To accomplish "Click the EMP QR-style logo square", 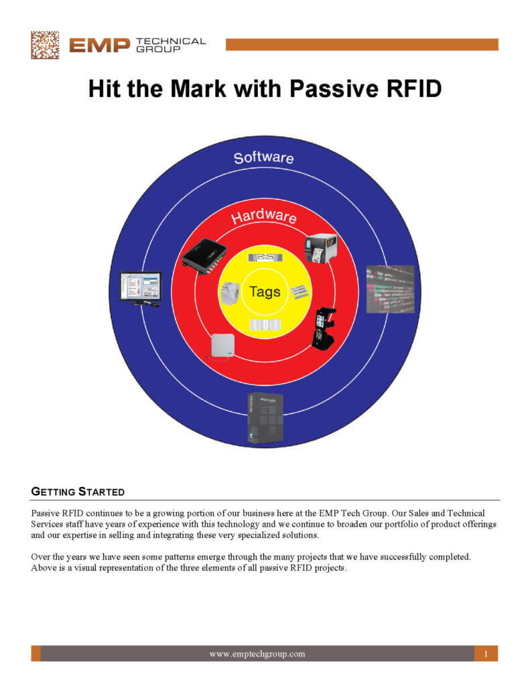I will click(45, 45).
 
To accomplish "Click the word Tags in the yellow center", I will click(265, 292).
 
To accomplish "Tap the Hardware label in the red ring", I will click(263, 216).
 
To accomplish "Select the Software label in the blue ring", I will click(263, 158).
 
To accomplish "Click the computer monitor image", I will click(140, 289).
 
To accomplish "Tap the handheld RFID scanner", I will click(324, 328).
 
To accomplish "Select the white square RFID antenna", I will click(222, 346).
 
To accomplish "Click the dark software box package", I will click(265, 417).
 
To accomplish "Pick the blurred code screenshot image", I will click(390, 289).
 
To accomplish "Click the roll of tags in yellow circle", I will click(229, 293).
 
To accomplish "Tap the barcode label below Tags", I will click(265, 325).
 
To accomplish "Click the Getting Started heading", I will click(78, 492).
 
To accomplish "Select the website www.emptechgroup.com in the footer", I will click(257, 654).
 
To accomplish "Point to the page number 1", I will click(485, 654).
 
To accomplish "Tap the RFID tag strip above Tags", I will click(265, 258).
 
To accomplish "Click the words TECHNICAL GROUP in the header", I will click(170, 45).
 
